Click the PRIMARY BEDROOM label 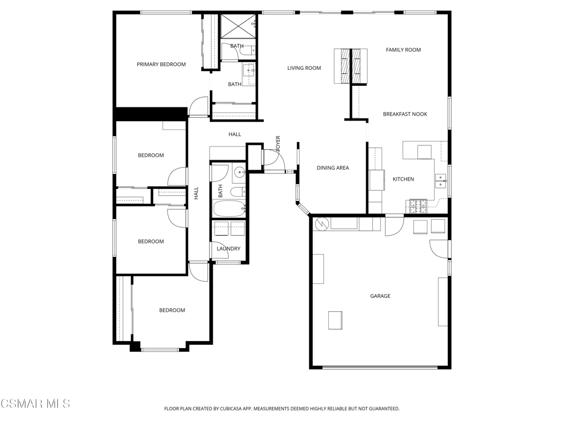point(161,64)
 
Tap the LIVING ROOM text point(304,68)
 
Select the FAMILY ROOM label point(403,50)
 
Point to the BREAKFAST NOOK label point(405,115)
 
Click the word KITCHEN point(403,180)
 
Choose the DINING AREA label point(333,168)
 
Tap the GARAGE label point(380,296)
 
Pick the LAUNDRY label point(228,249)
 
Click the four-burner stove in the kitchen point(417,207)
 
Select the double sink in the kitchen point(441,181)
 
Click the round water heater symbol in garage point(322,224)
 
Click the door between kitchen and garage point(394,226)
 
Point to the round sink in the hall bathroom point(240,173)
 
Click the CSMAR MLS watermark point(35,404)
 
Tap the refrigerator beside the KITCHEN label point(377,179)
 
